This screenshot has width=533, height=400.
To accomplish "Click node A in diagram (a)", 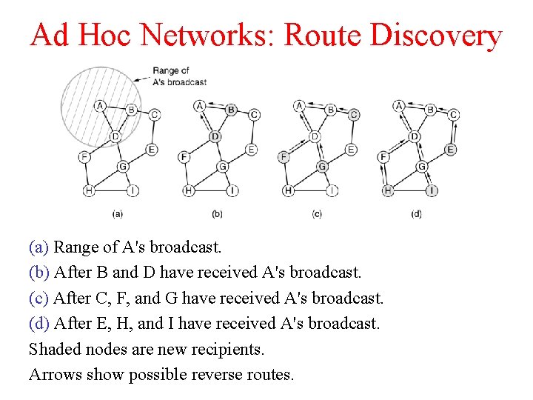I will pyautogui.click(x=101, y=106).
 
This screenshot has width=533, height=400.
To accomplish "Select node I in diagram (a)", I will pyautogui.click(x=133, y=191).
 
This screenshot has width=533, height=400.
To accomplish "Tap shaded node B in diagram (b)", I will pyautogui.click(x=231, y=110).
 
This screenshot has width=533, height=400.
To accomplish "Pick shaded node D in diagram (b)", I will pyautogui.click(x=215, y=137).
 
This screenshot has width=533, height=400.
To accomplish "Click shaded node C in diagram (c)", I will pyautogui.click(x=354, y=115).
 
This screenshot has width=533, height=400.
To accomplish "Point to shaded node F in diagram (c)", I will pyautogui.click(x=284, y=157).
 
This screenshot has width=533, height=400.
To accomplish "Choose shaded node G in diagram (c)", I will pyautogui.click(x=322, y=167).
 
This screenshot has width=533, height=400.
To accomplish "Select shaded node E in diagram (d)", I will pyautogui.click(x=450, y=150).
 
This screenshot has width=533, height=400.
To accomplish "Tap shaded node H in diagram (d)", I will pyautogui.click(x=387, y=191).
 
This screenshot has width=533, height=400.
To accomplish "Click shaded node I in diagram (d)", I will pyautogui.click(x=432, y=191).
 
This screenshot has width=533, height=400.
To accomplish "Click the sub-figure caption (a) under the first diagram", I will pyautogui.click(x=117, y=214).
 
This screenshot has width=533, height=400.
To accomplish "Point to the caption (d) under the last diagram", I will pyautogui.click(x=417, y=214).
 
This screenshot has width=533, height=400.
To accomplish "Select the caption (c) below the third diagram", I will pyautogui.click(x=317, y=214).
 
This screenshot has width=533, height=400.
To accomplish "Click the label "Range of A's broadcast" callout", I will pyautogui.click(x=178, y=76).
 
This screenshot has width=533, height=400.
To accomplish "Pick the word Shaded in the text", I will pyautogui.click(x=54, y=349).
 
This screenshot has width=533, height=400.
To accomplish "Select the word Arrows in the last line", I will pyautogui.click(x=54, y=374).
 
